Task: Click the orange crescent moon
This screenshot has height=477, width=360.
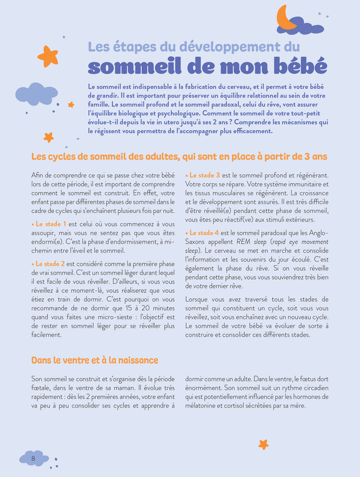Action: (284, 17)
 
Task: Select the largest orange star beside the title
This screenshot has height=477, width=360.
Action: (47, 56)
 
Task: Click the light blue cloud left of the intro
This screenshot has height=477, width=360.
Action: (36, 94)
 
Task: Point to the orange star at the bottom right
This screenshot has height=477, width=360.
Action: (263, 444)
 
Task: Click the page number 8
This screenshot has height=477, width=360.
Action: (33, 458)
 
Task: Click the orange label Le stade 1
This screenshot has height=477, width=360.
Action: (50, 224)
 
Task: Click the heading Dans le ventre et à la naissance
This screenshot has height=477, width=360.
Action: (95, 360)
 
